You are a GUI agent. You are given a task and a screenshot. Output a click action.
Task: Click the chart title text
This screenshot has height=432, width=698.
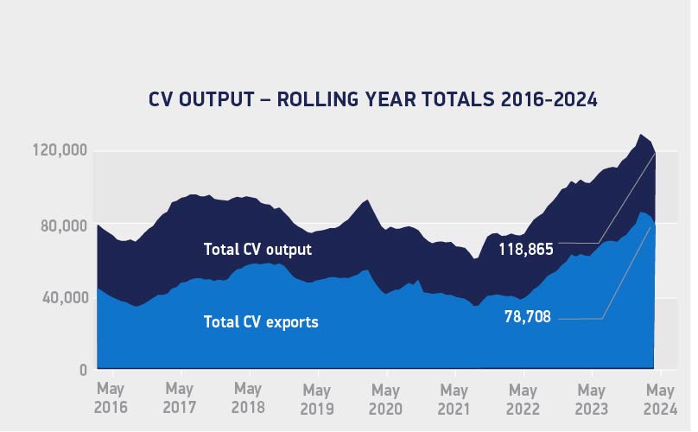(373, 100)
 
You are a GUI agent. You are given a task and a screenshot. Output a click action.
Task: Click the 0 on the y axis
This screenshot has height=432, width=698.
(83, 370)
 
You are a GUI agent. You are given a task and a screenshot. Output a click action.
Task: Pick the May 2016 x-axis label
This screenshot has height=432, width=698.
(111, 397)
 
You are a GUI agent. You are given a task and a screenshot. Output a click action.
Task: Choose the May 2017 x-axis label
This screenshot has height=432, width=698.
(180, 397)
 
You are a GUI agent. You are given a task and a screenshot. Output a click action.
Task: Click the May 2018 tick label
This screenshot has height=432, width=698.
(248, 397)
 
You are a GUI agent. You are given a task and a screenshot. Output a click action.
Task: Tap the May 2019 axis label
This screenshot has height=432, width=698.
(317, 397)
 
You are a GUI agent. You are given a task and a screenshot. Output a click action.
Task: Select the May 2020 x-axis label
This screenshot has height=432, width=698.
(385, 397)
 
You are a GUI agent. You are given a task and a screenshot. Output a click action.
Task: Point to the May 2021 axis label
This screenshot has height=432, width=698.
(454, 397)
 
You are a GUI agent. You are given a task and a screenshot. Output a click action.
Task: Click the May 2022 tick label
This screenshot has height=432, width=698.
(523, 397)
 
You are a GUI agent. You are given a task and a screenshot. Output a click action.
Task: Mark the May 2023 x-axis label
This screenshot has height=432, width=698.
(592, 397)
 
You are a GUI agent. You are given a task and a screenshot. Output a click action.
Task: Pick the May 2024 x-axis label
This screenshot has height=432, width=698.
(660, 397)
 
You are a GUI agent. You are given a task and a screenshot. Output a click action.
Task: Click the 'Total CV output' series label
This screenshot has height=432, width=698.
(257, 250)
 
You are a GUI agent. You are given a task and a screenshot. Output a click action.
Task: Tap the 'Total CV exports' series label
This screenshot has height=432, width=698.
(261, 322)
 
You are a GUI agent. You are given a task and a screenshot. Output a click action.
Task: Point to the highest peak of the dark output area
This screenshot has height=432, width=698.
(640, 135)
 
